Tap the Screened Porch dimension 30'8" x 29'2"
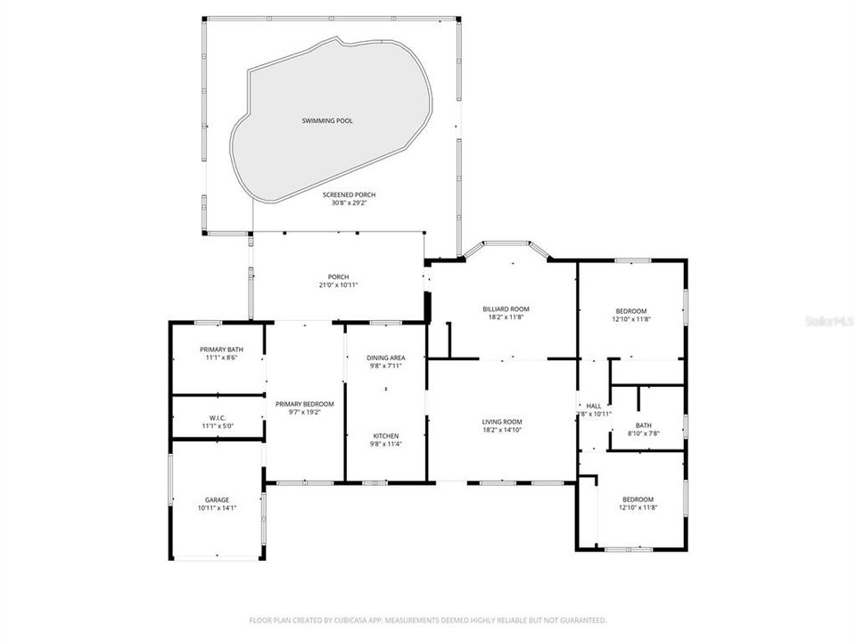point(349,202)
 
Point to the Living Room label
point(503,422)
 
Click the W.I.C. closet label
point(218,418)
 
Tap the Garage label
point(217,499)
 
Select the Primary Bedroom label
point(304,404)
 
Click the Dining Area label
point(386,358)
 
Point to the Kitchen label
point(386,435)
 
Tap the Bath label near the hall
point(644,424)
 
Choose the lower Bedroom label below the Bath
point(638,499)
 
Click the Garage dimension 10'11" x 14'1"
point(217,508)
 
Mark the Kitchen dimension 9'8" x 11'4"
point(386,444)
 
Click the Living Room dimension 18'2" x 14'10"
point(503,431)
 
